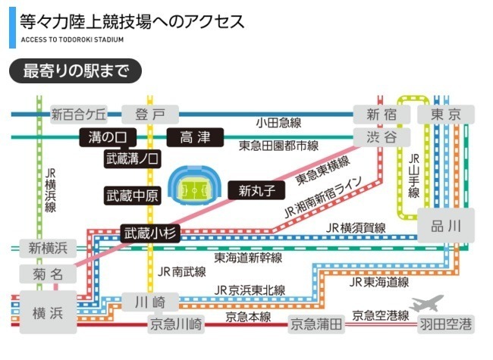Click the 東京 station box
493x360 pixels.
[x=445, y=114]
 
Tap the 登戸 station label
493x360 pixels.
[x=149, y=114]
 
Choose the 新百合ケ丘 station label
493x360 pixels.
[x=80, y=115]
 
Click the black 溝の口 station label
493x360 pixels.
[x=106, y=137]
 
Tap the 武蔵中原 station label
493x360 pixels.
[x=132, y=195]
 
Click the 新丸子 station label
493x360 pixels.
[x=256, y=189]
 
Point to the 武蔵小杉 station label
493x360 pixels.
[x=149, y=233]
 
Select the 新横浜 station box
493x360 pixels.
[x=48, y=248]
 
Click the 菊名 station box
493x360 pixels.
[x=46, y=274]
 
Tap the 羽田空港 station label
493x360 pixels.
[x=447, y=325]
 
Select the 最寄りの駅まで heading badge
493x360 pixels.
[x=74, y=71]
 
